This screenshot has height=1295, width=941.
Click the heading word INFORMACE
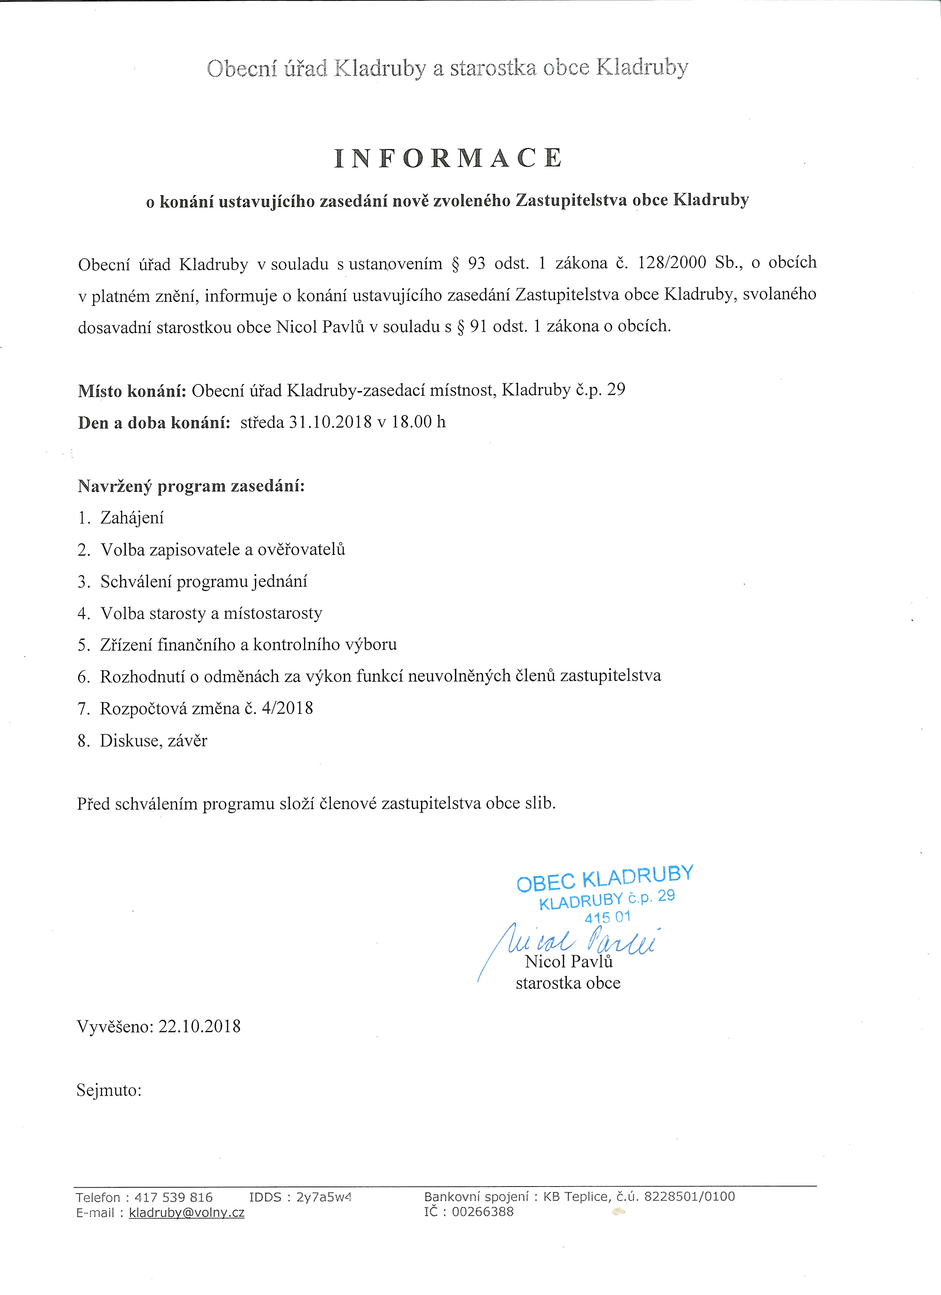point(448,158)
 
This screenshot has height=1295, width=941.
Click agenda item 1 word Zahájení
point(132,518)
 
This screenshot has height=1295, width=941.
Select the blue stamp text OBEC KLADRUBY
point(605,879)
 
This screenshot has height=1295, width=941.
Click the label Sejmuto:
point(108,1090)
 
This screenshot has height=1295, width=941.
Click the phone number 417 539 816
point(173,1197)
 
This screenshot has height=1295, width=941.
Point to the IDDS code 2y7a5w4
point(324,1197)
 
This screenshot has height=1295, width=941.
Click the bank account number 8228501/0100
point(689,1196)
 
